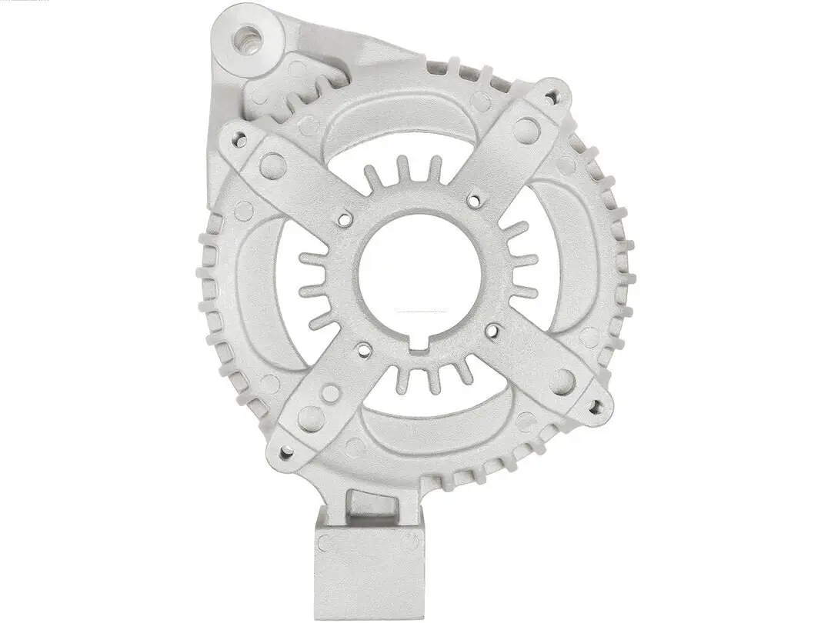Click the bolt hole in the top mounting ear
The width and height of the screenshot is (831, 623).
247,36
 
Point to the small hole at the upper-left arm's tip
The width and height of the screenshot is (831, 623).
240,140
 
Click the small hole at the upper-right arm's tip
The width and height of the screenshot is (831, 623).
551,98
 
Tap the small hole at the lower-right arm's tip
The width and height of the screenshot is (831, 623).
594,404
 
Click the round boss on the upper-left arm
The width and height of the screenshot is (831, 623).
272,165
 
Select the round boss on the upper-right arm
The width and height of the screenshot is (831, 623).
526,130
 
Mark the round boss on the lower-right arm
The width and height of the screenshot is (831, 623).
562,381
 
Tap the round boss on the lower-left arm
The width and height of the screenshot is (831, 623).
312,418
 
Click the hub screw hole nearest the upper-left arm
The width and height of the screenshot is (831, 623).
345,219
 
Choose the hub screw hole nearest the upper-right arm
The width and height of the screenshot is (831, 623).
474,201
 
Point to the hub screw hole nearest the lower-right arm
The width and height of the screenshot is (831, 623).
492,331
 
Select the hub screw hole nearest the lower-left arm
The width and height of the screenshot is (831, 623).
364,351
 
